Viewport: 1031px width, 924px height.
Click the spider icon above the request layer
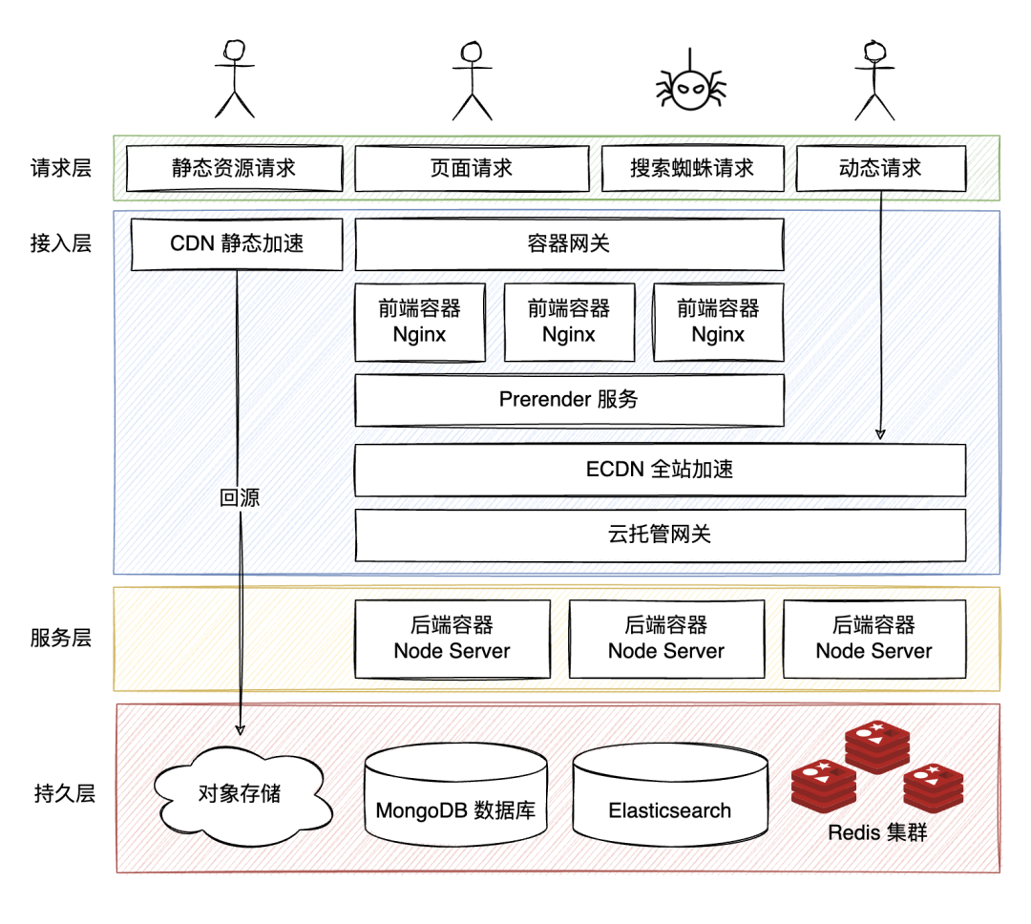click(690, 84)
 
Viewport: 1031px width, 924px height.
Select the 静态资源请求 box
click(235, 168)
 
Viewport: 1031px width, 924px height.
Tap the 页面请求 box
click(472, 168)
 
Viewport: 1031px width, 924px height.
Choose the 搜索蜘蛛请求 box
click(692, 168)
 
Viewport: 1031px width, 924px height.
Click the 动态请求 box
click(881, 168)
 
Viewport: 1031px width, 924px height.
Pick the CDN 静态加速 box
click(237, 244)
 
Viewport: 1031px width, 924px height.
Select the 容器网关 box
click(569, 244)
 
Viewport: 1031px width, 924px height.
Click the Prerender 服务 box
click(569, 400)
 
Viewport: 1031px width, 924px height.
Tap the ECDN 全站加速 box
click(661, 470)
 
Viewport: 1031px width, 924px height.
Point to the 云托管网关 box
click(661, 535)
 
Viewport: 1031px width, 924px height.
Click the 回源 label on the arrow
click(240, 497)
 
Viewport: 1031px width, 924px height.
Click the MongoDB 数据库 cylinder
click(455, 794)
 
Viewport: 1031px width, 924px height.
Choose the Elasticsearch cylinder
click(670, 794)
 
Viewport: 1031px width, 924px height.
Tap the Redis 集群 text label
click(877, 832)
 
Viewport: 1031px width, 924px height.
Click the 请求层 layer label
click(60, 168)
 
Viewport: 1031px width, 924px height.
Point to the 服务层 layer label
click(60, 638)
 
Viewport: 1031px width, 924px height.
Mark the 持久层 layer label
click(65, 793)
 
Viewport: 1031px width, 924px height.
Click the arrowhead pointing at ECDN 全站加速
click(880, 434)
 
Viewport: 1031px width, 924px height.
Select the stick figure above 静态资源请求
click(235, 79)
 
